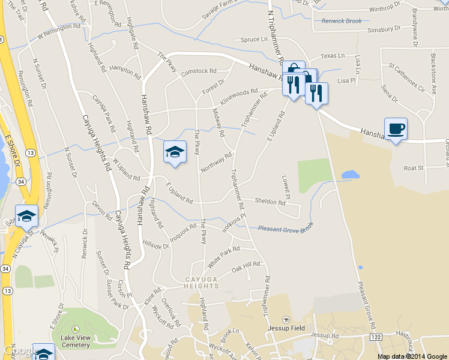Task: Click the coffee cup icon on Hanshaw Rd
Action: [x=396, y=128]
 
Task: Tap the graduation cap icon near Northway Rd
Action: [x=175, y=151]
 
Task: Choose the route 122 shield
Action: [x=376, y=338]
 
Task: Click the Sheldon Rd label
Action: [x=270, y=202]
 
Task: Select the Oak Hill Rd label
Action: [x=246, y=266]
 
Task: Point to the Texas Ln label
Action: [x=333, y=56]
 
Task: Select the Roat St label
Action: [x=414, y=168]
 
